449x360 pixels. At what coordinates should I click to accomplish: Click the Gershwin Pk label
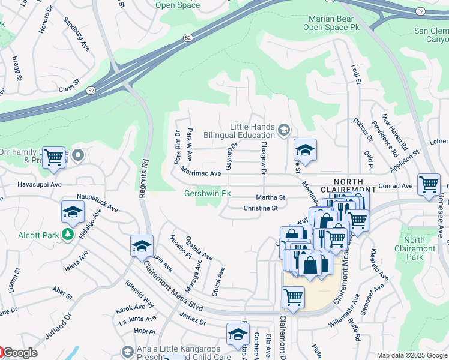point(207,194)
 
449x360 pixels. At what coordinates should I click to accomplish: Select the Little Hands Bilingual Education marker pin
point(283,128)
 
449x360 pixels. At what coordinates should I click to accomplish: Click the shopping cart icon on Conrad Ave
point(429,185)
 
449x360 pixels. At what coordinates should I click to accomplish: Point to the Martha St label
point(270,197)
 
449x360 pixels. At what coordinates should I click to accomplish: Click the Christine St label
point(261,208)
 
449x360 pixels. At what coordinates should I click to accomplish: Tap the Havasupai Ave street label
point(40,185)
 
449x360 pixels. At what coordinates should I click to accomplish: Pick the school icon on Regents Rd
point(142,246)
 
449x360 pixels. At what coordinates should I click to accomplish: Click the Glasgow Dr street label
point(262,159)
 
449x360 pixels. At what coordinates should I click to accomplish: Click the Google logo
point(19,353)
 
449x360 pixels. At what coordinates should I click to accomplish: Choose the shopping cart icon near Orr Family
point(54,158)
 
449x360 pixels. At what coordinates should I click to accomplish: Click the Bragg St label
point(18,68)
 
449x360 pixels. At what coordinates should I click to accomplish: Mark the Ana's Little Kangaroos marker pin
point(127,351)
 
